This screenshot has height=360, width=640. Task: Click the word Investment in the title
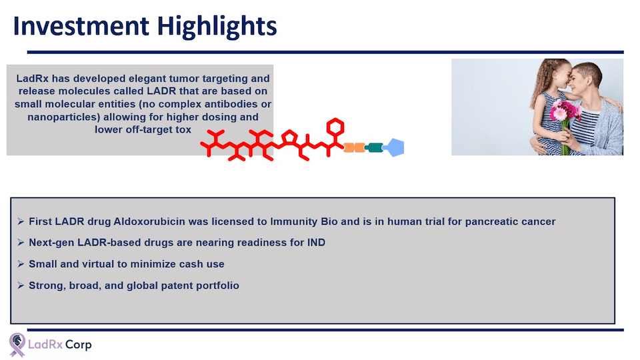pyautogui.click(x=81, y=26)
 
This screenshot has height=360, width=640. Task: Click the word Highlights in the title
pyautogui.click(x=217, y=27)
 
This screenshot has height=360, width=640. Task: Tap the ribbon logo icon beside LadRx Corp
pyautogui.click(x=17, y=345)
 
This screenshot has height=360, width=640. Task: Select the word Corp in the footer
pyautogui.click(x=79, y=345)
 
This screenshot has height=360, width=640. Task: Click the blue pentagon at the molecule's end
pyautogui.click(x=393, y=147)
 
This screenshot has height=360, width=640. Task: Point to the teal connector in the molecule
pyautogui.click(x=374, y=147)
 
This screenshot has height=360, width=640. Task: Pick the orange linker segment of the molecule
pyautogui.click(x=354, y=147)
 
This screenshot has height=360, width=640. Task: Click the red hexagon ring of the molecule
pyautogui.click(x=335, y=127)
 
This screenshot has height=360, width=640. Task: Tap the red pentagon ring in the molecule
pyautogui.click(x=289, y=137)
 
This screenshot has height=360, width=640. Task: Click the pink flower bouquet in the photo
pyautogui.click(x=564, y=111)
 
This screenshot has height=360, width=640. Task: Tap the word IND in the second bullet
pyautogui.click(x=316, y=243)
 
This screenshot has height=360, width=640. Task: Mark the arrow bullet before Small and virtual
pyautogui.click(x=21, y=264)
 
